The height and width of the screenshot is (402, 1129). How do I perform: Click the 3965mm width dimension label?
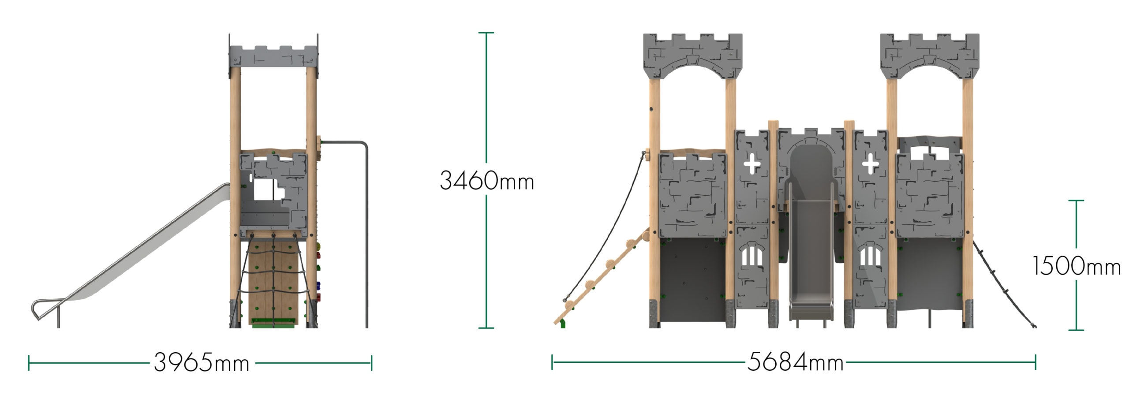[202, 363]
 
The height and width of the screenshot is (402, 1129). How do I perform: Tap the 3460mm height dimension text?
[487, 181]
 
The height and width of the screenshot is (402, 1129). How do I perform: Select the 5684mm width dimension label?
[795, 362]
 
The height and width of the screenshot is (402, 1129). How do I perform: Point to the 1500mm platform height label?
[1077, 266]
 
